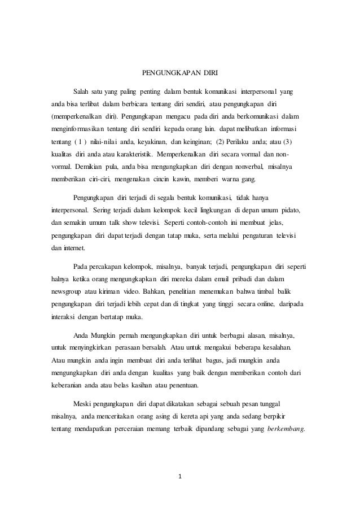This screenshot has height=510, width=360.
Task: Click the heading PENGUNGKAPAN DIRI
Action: point(179,73)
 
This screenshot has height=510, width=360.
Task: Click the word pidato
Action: point(289,210)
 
